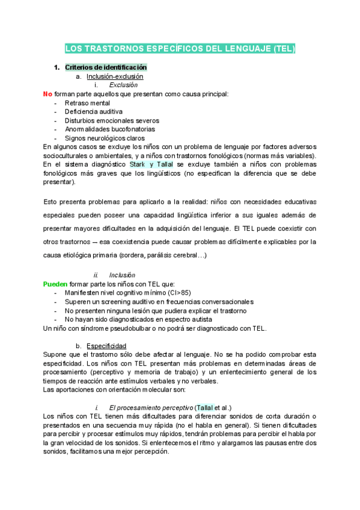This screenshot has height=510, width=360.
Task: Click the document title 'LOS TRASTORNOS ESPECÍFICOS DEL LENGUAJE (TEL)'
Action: click(x=180, y=48)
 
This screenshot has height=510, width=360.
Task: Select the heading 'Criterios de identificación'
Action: click(x=106, y=67)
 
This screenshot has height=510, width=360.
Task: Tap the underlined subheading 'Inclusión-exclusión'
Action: click(x=115, y=76)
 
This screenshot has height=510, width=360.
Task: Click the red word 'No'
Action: click(x=47, y=94)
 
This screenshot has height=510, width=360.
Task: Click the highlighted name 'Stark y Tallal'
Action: click(x=151, y=164)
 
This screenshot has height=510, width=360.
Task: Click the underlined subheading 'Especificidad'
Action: click(x=106, y=346)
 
